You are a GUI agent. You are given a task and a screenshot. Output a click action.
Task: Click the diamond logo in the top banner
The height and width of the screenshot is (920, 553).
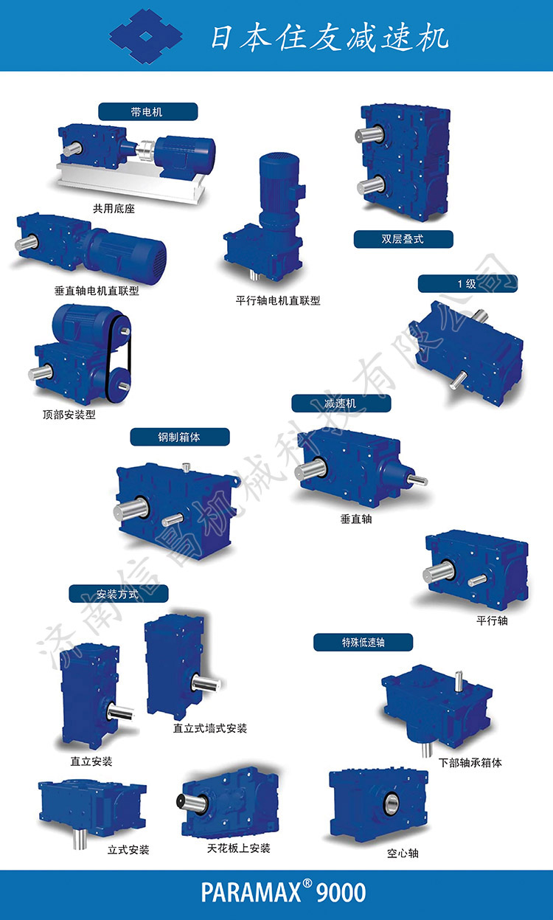click(146, 37)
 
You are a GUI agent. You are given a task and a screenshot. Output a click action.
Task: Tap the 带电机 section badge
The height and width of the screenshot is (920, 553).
click(147, 111)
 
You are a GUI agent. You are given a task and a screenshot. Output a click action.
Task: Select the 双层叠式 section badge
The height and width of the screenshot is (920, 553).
click(403, 239)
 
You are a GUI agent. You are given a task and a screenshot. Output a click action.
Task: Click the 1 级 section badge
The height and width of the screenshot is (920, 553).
click(467, 283)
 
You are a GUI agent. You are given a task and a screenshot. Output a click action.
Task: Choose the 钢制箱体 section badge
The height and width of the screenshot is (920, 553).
click(180, 437)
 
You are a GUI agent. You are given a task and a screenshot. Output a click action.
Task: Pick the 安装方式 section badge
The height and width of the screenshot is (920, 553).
click(119, 594)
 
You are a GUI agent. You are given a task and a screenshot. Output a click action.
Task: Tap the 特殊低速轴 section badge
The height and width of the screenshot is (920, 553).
click(364, 643)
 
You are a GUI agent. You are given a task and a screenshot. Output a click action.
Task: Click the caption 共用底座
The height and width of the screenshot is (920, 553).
click(114, 209)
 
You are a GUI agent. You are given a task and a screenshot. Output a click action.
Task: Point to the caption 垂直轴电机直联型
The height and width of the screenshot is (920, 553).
click(97, 291)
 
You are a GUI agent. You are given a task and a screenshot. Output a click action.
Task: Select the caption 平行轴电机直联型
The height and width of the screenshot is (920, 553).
click(278, 301)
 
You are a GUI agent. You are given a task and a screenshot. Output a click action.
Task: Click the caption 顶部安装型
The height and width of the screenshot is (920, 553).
click(69, 415)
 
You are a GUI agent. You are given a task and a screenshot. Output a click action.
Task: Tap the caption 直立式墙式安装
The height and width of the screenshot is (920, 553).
click(210, 729)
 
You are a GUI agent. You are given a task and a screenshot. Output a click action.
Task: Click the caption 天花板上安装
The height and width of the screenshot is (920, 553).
click(238, 848)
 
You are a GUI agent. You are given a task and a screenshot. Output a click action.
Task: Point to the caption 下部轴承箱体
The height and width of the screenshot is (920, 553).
click(470, 763)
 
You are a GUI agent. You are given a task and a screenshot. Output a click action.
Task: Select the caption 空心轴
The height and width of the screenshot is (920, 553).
click(403, 854)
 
